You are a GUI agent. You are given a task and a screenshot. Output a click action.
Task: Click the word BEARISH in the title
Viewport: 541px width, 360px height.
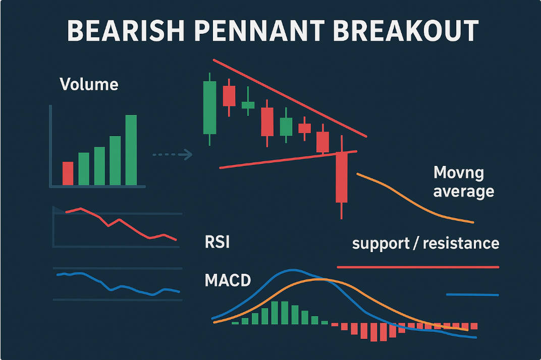tap(126, 31)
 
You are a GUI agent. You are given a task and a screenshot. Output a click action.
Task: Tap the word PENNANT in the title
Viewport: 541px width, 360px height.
tap(259, 31)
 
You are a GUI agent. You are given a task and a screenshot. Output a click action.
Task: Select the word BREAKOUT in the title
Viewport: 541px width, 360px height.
tap(406, 31)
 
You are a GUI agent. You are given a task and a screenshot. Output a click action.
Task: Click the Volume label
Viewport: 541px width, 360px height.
tap(89, 85)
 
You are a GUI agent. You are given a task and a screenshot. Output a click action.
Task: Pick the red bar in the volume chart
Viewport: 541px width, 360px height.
tap(68, 173)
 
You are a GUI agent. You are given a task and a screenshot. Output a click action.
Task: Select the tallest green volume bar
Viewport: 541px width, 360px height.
tap(131, 150)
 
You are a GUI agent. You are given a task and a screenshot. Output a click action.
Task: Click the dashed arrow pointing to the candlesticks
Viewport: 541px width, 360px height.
tap(172, 154)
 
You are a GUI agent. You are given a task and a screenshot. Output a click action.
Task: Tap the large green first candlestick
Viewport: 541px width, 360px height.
tap(209, 107)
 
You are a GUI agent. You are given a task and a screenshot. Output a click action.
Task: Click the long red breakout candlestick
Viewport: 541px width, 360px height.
tap(342, 177)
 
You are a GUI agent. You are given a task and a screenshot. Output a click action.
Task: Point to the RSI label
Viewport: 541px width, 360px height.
tap(218, 242)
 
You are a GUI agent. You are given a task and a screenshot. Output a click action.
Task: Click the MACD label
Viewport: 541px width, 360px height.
tap(228, 280)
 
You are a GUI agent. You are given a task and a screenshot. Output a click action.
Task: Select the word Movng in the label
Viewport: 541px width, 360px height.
tap(459, 173)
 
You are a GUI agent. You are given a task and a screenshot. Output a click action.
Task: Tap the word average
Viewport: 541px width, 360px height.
tap(464, 192)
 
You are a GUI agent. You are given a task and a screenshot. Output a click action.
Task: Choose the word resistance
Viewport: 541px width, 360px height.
tap(461, 243)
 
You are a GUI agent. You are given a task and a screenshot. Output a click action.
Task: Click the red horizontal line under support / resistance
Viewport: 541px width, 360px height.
tap(418, 267)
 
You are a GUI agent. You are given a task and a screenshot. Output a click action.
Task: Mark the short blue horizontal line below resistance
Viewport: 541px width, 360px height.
tap(472, 295)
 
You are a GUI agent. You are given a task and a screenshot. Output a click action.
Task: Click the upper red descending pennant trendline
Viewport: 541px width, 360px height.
tap(290, 98)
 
